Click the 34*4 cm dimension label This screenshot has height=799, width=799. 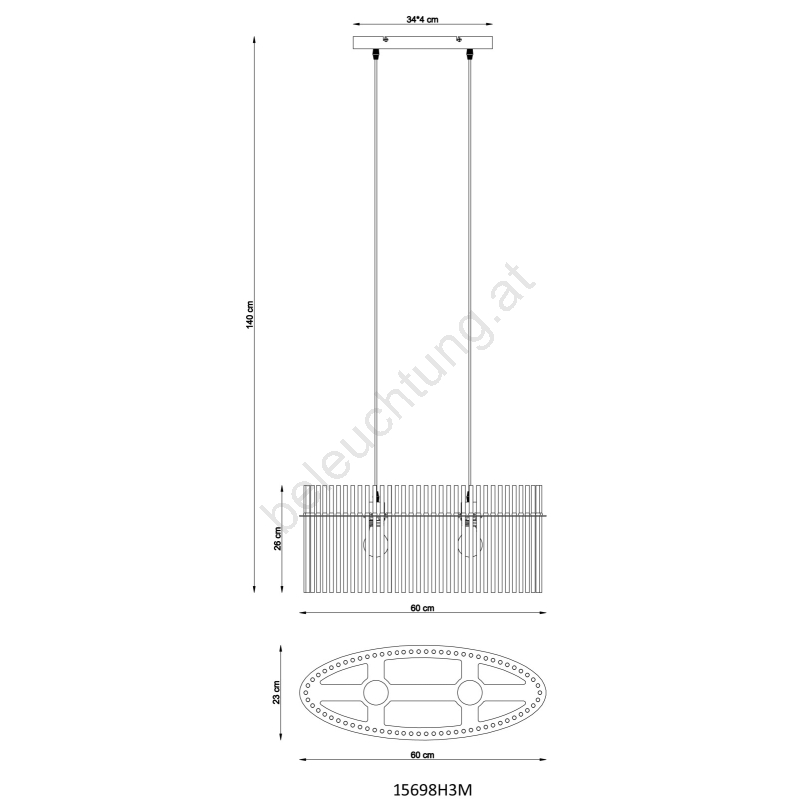(x=422, y=20)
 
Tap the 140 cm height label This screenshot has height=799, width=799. (x=250, y=315)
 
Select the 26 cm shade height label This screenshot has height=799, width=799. (x=278, y=538)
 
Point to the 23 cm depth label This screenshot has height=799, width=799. (x=277, y=692)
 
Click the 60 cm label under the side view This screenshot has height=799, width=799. (x=422, y=608)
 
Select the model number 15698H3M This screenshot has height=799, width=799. (x=432, y=789)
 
